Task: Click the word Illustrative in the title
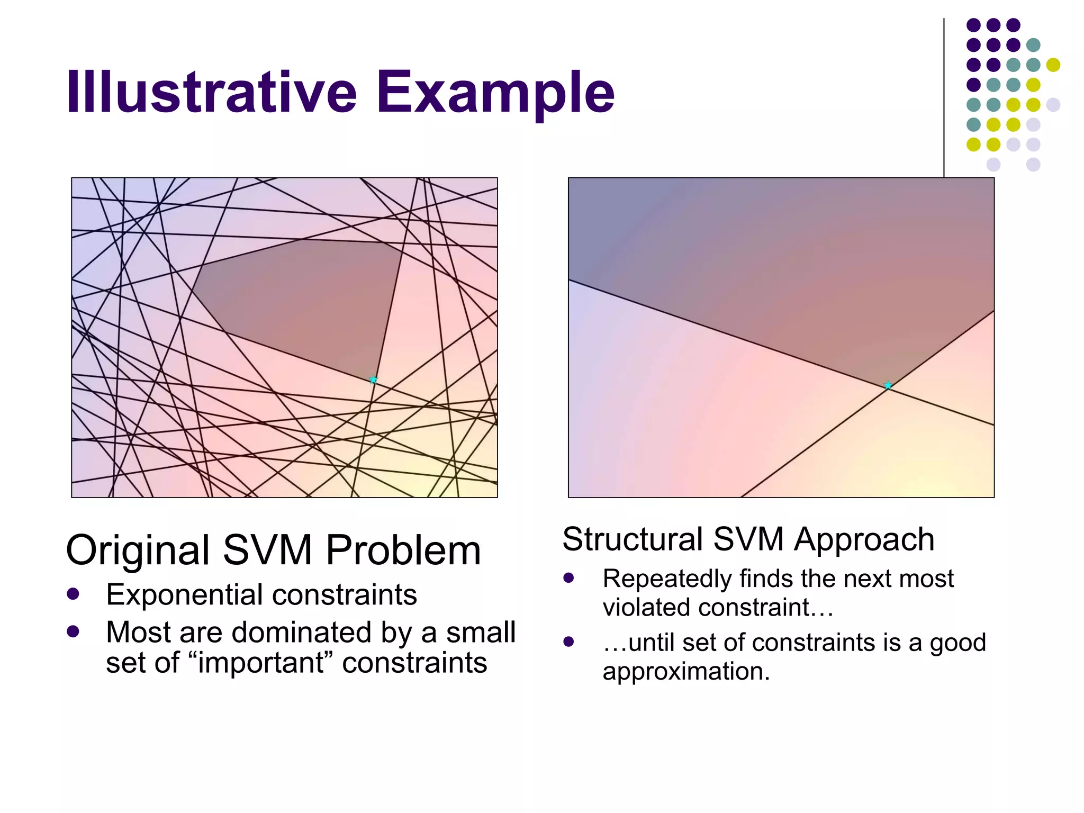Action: click(x=212, y=93)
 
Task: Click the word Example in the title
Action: click(x=495, y=93)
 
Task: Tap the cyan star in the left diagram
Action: click(x=373, y=380)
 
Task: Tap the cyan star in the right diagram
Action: click(x=888, y=385)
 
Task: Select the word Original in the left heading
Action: click(x=138, y=550)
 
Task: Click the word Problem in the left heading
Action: click(x=403, y=550)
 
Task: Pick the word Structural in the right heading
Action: click(x=633, y=540)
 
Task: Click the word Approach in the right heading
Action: click(x=864, y=540)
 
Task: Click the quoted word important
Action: click(x=267, y=663)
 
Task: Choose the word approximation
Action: click(x=686, y=672)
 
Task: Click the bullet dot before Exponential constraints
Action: click(x=73, y=594)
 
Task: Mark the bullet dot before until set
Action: click(x=569, y=642)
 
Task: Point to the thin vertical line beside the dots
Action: click(x=944, y=95)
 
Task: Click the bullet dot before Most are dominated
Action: click(x=73, y=631)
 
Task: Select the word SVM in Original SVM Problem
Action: click(x=267, y=550)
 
